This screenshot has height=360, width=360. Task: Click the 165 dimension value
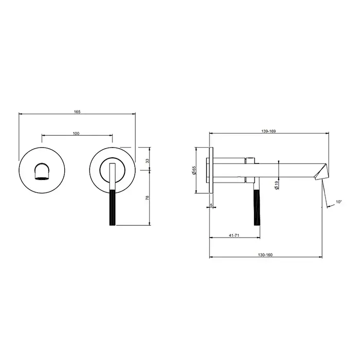click(77, 112)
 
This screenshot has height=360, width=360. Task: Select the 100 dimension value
click(76, 133)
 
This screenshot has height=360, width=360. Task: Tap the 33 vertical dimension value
click(148, 160)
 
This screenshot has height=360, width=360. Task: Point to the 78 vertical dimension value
click(148, 197)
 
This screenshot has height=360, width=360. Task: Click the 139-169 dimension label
click(268, 131)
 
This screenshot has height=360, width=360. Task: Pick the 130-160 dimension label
click(265, 255)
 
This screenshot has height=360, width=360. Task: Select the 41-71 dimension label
click(234, 236)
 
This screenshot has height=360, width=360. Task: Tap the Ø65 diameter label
click(194, 170)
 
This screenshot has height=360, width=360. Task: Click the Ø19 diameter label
click(277, 185)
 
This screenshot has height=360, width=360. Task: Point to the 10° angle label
click(338, 202)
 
